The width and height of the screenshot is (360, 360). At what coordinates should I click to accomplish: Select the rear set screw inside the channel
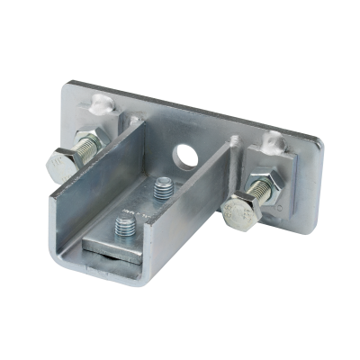[x=165, y=189]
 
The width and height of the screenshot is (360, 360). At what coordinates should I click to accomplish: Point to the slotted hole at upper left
[x=98, y=103]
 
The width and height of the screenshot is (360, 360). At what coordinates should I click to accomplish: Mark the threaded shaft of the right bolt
[x=257, y=193]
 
